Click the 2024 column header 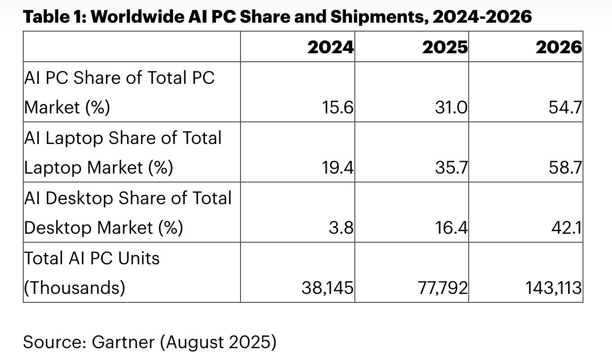[x=331, y=47]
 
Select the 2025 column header [x=445, y=47]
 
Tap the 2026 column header [x=558, y=47]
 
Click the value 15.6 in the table [x=338, y=107]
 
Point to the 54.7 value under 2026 [x=565, y=107]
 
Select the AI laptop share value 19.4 [x=338, y=168]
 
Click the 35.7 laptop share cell [x=451, y=168]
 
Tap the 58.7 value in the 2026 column [x=565, y=168]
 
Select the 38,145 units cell [x=327, y=288]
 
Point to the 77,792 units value [x=442, y=288]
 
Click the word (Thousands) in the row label [x=74, y=288]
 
